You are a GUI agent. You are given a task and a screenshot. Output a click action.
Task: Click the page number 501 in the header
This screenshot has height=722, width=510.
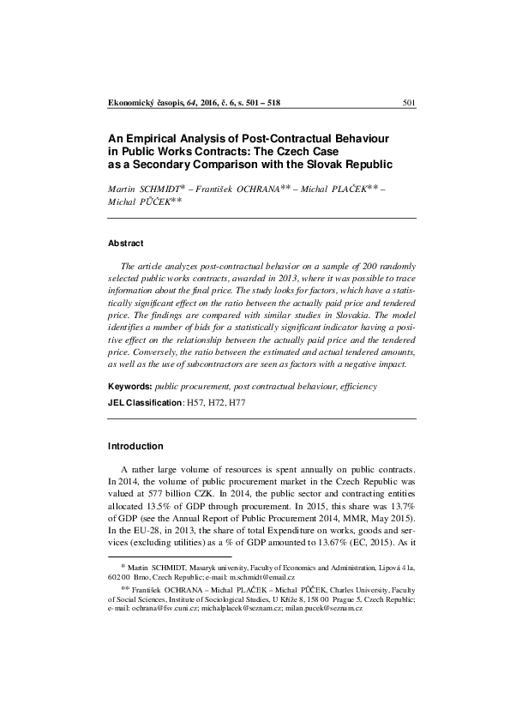tap(408, 104)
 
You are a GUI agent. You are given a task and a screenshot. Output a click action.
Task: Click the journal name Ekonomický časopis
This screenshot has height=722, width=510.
tap(141, 104)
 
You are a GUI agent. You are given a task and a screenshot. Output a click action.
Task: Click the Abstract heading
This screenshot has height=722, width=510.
tap(125, 243)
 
